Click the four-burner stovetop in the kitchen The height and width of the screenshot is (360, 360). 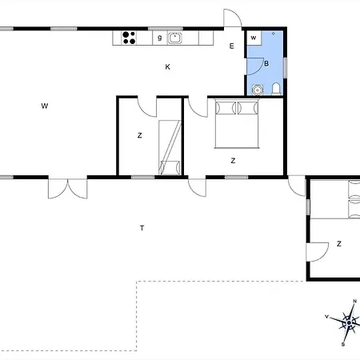129,38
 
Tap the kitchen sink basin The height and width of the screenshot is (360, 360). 175,38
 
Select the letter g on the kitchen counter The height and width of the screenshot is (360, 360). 159,38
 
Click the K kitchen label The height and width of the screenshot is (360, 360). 167,66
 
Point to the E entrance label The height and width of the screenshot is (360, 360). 232,46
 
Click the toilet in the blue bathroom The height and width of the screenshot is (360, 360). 276,89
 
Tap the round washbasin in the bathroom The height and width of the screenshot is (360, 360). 258,90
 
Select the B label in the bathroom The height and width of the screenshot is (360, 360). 266,63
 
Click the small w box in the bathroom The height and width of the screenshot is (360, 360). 254,38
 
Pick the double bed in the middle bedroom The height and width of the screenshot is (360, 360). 237,123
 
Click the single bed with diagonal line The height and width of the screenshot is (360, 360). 170,148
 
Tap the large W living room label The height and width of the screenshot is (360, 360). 45,106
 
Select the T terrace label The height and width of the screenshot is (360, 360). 142,228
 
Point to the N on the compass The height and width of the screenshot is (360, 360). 355,302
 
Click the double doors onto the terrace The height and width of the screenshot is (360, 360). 68,189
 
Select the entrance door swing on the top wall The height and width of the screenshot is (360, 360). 233,18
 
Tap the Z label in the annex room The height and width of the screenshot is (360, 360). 339,243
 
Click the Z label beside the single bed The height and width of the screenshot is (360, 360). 139,135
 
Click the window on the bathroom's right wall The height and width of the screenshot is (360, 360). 286,68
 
